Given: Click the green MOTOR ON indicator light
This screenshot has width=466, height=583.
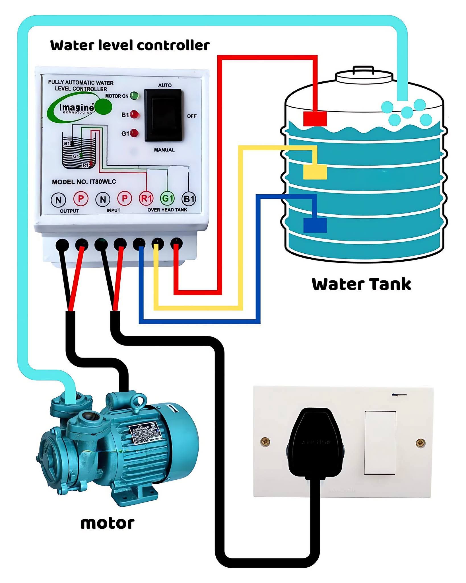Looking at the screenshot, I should point(134,96).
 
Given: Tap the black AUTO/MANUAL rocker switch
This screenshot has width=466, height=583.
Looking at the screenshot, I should point(163,115).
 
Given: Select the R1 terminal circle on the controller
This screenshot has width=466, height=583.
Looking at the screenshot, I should point(146,198).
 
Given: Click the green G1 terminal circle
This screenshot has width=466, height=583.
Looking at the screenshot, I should point(167,198).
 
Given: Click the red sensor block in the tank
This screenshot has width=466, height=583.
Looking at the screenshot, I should point(315,119).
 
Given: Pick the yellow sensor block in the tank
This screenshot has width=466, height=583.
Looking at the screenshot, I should point(315,172).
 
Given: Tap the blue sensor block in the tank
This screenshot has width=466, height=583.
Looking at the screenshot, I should point(315,225).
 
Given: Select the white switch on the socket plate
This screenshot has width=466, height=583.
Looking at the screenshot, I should point(380,443).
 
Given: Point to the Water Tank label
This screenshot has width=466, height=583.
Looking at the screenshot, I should point(361,284).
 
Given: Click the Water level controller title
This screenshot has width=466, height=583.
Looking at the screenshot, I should point(130,46).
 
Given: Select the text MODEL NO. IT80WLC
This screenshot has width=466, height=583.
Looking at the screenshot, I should point(84,182).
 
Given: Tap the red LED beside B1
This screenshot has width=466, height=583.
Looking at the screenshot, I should point(134,115).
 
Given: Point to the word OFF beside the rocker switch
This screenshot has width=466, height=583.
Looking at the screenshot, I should point(192,116).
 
